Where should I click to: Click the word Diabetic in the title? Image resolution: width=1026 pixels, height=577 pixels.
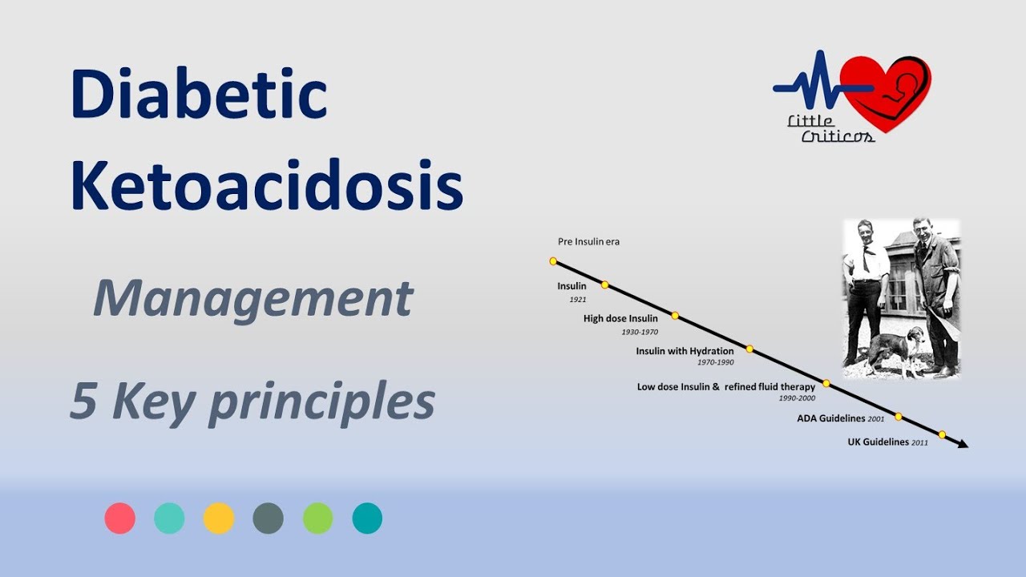[x=199, y=94]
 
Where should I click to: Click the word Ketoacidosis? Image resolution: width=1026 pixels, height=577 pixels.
[x=266, y=186]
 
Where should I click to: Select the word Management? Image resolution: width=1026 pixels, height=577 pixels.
[x=252, y=298]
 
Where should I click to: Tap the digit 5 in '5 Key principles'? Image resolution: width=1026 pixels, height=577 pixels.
[x=83, y=401]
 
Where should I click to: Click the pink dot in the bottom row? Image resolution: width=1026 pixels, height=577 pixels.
[x=119, y=518]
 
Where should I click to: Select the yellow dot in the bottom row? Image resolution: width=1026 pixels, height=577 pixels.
[x=219, y=518]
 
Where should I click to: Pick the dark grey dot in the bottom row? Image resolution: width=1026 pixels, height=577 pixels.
[x=268, y=518]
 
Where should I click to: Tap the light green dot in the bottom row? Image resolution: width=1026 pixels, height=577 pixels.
[x=317, y=518]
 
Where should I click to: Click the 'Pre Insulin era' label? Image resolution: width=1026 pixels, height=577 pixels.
[x=588, y=241]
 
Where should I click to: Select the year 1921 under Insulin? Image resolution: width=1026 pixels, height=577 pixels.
[x=578, y=300]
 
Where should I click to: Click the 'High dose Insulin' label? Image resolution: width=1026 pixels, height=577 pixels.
[x=620, y=318]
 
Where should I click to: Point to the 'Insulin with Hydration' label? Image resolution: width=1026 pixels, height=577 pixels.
[x=685, y=351]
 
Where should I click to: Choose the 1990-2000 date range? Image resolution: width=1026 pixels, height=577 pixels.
[x=797, y=398]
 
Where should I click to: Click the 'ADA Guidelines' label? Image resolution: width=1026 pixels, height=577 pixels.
[x=831, y=418]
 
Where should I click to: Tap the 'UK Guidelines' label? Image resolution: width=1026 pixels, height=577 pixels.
[x=879, y=442]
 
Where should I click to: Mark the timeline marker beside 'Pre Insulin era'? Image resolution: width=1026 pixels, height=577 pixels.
[x=552, y=260]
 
